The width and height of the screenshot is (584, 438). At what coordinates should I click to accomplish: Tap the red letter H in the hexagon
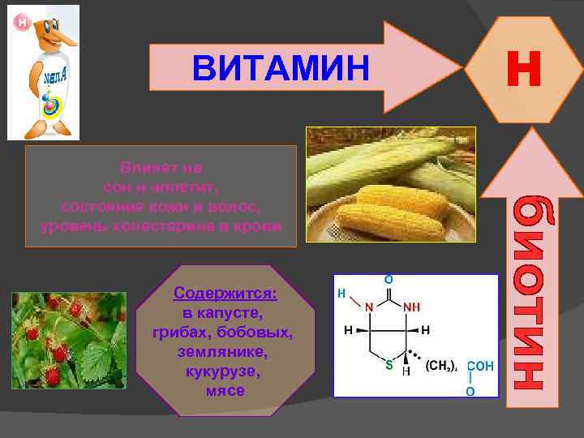(523, 69)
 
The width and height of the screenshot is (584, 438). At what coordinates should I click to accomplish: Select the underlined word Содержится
(225, 291)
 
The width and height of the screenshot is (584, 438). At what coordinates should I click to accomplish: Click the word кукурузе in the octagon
(224, 372)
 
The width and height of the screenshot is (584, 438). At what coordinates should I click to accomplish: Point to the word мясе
(225, 391)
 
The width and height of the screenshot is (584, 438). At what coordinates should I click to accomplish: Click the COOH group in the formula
(479, 366)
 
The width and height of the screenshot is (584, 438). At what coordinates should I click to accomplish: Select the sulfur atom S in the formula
(389, 365)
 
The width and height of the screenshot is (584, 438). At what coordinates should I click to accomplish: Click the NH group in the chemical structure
(412, 307)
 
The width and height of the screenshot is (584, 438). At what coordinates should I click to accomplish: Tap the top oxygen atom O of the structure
(389, 279)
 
